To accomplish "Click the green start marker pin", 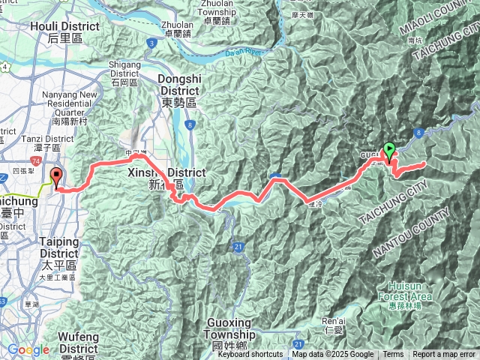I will pyautogui.click(x=389, y=149).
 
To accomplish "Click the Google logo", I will pyautogui.click(x=28, y=349).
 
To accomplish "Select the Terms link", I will pyautogui.click(x=393, y=355).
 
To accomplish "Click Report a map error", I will pyautogui.click(x=444, y=355).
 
